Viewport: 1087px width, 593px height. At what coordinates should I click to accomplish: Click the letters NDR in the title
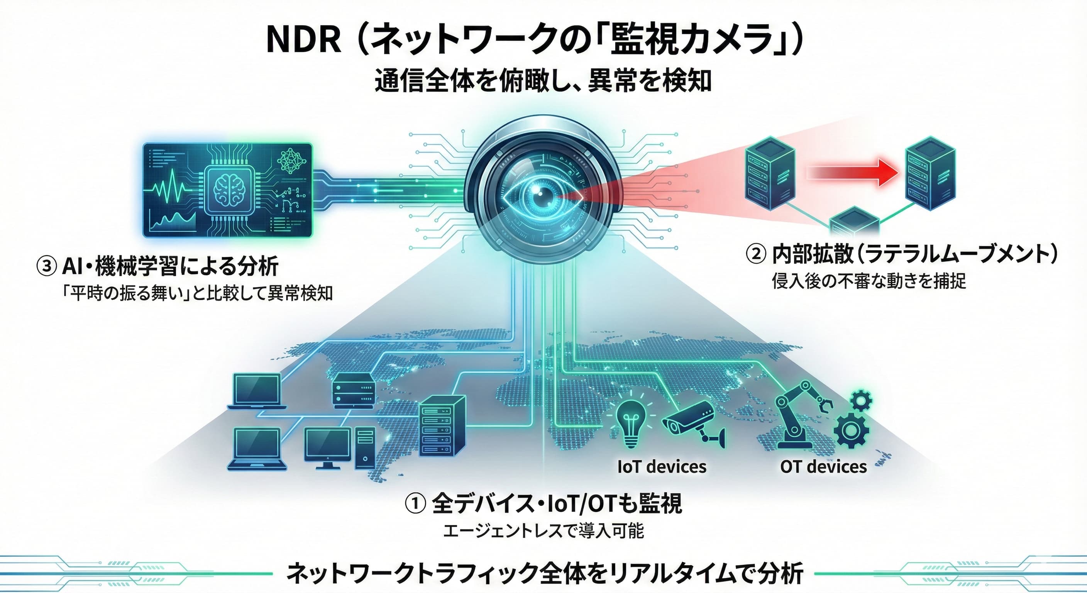click(x=303, y=40)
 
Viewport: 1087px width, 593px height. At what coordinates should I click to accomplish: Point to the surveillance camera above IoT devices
click(x=692, y=422)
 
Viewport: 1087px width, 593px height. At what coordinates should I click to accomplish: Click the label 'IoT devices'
click(x=661, y=467)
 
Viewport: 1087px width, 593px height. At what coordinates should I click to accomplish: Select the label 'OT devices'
click(x=823, y=467)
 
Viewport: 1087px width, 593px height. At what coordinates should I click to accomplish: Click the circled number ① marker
click(x=415, y=504)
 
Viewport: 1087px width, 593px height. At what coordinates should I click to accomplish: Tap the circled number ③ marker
click(x=46, y=266)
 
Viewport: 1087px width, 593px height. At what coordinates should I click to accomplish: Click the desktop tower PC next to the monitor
click(x=365, y=447)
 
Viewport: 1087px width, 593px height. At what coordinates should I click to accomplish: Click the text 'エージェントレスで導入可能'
click(x=543, y=531)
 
